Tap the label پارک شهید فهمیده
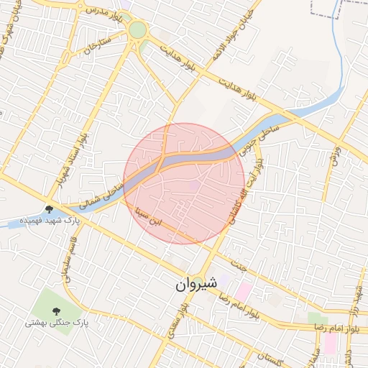click(x=49, y=219)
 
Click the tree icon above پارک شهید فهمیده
click(x=49, y=208)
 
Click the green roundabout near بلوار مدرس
click(x=137, y=29)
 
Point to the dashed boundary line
click(x=323, y=14)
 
